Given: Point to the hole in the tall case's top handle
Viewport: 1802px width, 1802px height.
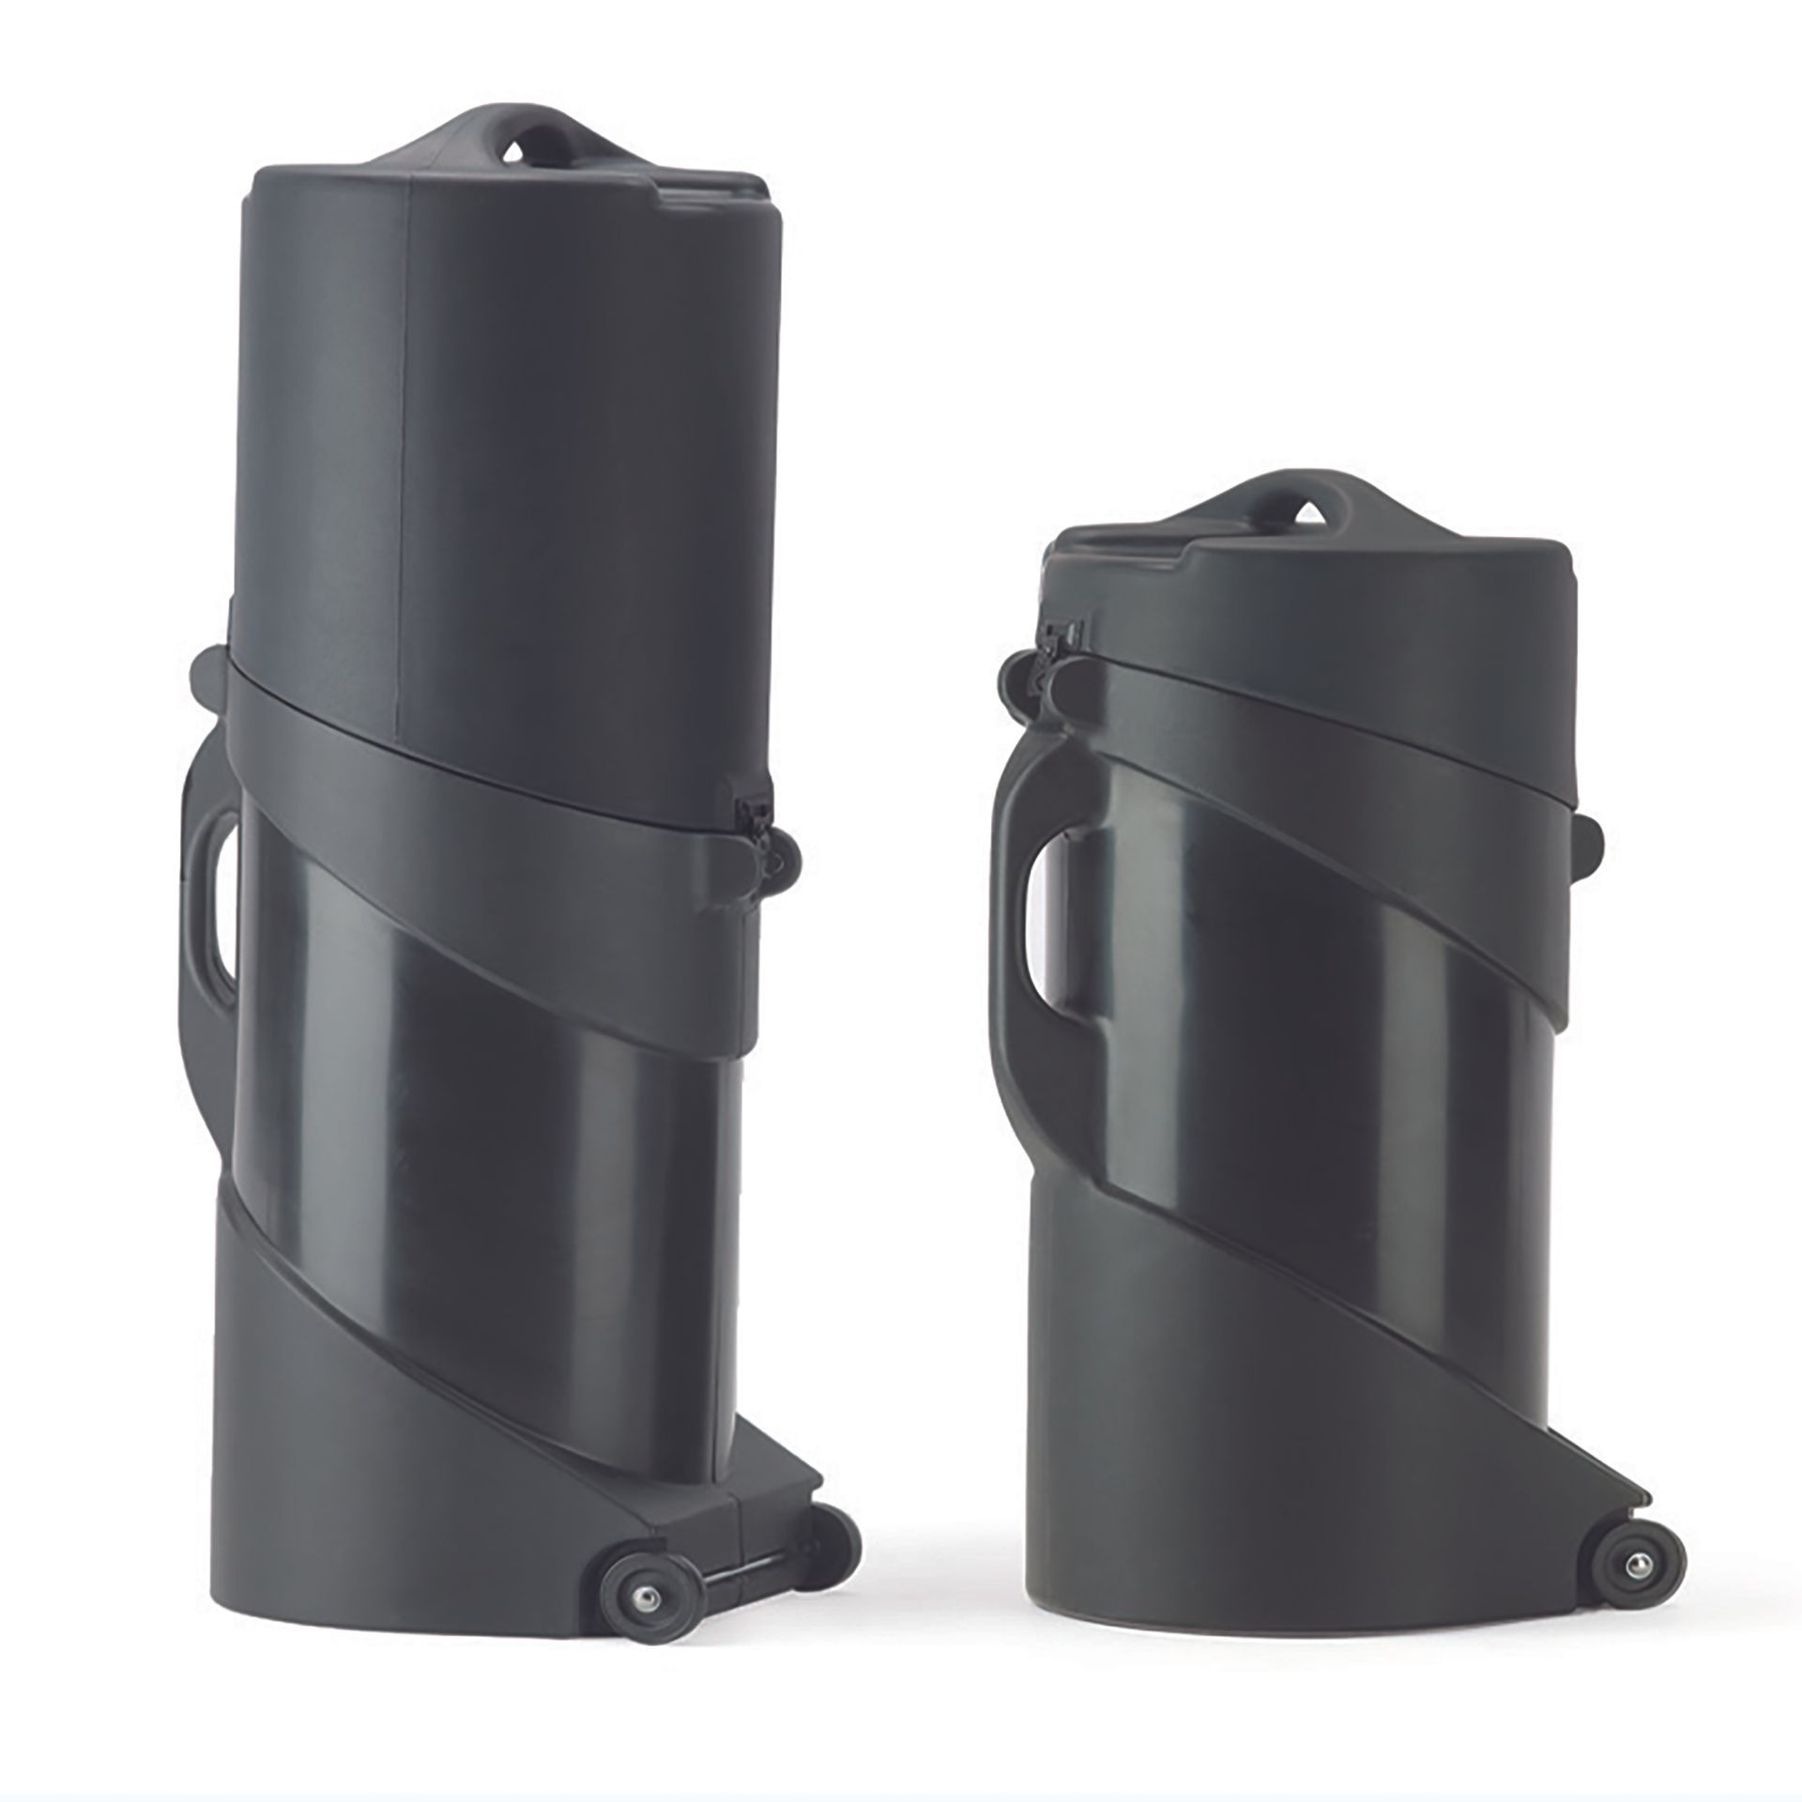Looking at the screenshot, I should pyautogui.click(x=513, y=152).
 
